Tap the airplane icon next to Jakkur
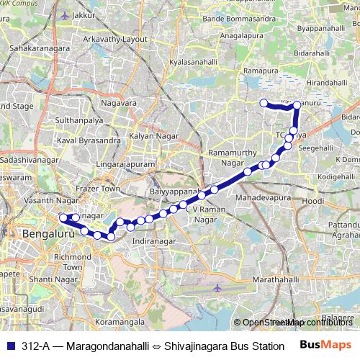(66, 14)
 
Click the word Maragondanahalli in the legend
(107, 346)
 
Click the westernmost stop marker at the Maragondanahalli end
(264, 103)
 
